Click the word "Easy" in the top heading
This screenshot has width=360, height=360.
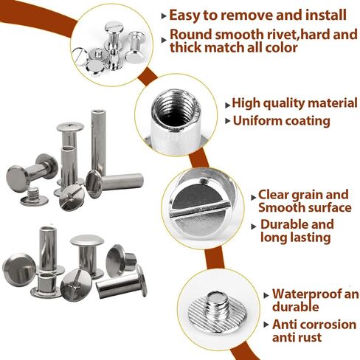click(187, 15)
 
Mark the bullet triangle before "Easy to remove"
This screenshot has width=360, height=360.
click(163, 15)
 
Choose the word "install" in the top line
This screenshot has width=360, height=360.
click(322, 15)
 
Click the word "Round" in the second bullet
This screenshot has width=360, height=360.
click(189, 34)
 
